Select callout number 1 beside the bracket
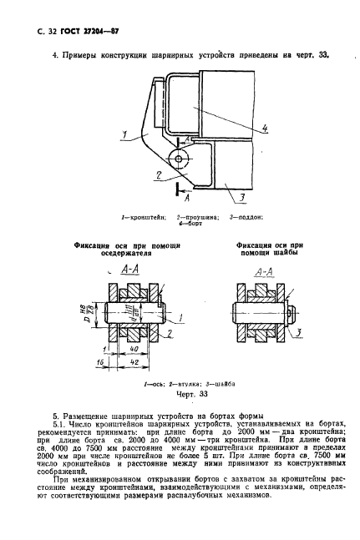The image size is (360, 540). (x=123, y=133)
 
